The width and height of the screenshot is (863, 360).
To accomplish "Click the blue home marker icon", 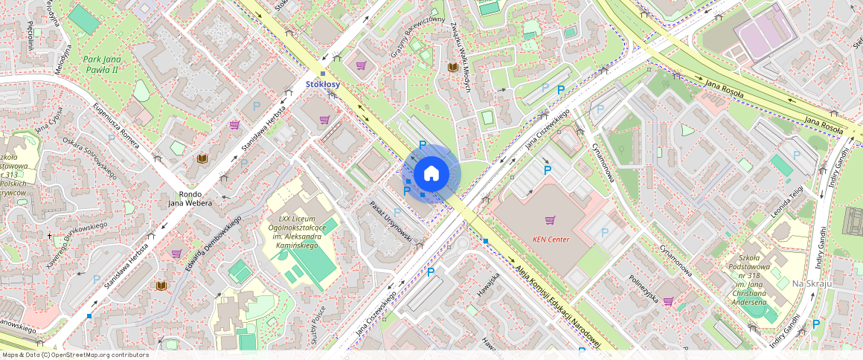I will pos(431,174).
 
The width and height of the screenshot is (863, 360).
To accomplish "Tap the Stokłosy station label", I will pos(323,85).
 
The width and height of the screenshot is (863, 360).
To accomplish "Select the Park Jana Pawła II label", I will pos(102,65).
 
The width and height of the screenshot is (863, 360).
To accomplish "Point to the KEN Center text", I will pos(551,240).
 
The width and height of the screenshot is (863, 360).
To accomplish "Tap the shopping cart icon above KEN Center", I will pos(551,220).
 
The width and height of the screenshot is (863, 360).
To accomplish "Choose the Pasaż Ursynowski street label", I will pos(391,221).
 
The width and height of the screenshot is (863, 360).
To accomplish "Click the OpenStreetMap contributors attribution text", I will pos(75,355).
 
